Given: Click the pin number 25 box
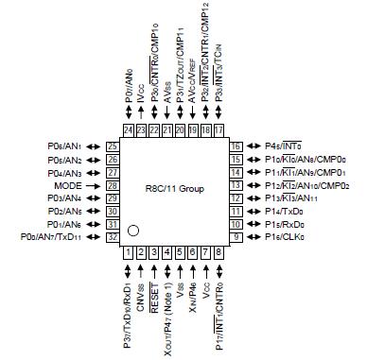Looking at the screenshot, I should coord(112,146).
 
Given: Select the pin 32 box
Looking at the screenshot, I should coord(112,237).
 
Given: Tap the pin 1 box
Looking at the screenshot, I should coord(128,253).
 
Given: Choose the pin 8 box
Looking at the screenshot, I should coord(218,253).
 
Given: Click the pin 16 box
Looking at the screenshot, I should coord(236,146).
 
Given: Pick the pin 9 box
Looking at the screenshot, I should coord(236,237).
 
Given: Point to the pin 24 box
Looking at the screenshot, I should coord(128,129).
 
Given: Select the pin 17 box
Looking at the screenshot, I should coord(218,129).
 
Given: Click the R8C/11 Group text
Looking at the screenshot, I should coord(173,190).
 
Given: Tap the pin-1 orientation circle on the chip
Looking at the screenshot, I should coord(135,230).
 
